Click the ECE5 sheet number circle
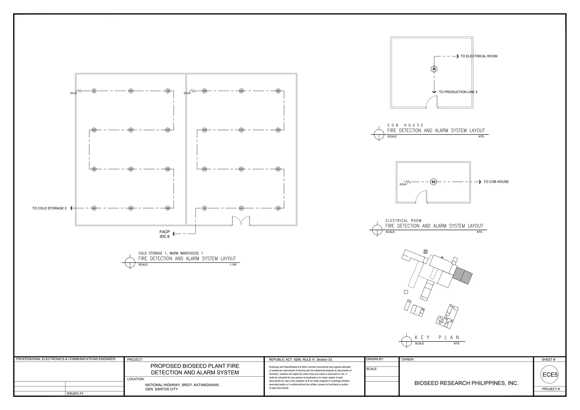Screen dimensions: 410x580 pos(550,375)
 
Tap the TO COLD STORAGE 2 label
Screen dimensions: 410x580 pos(49,208)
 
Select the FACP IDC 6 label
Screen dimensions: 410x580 pos(165,234)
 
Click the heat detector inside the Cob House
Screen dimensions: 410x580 pos(434,69)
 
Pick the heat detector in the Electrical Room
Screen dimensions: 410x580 pos(433,182)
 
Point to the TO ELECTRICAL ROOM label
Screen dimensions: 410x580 pos(479,56)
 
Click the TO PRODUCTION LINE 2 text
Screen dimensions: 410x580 pos(458,92)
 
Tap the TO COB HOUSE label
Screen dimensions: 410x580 pos(496,182)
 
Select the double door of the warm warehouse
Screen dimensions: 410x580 pos(241,221)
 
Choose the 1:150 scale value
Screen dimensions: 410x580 pos(233,265)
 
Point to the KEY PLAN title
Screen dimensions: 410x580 pos(437,338)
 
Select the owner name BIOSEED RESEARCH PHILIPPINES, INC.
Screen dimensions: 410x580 pos(466,383)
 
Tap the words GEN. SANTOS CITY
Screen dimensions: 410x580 pos(161,389)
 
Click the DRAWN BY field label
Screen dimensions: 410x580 pos(375,359)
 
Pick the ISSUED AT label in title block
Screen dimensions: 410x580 pos(75,393)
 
